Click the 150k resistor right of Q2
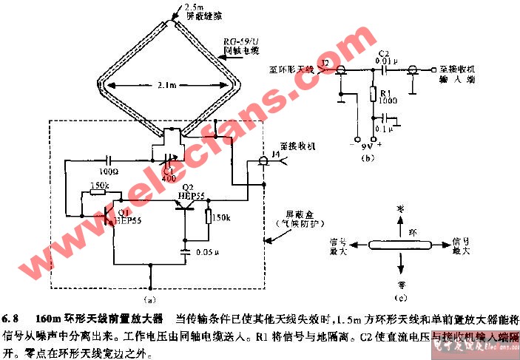(208, 219)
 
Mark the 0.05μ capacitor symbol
(186, 252)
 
